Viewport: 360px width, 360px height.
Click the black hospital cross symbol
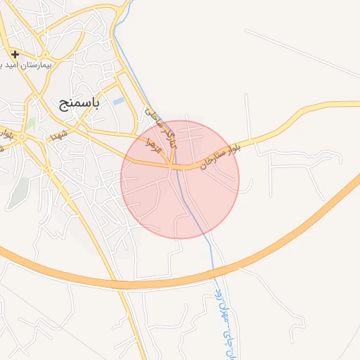point(15,54)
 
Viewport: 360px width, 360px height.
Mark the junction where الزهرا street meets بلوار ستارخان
point(171,166)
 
